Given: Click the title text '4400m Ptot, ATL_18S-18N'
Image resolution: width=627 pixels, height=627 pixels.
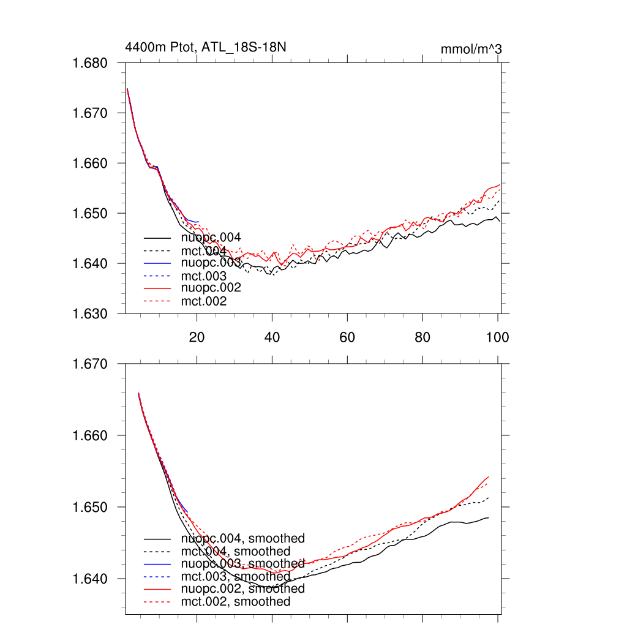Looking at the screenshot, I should [205, 47].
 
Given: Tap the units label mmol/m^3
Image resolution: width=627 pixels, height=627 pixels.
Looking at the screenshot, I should [471, 49].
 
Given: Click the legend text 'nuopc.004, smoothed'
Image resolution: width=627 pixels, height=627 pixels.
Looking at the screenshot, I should [242, 539].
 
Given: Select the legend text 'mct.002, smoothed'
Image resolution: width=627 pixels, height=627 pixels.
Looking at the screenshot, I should [236, 602].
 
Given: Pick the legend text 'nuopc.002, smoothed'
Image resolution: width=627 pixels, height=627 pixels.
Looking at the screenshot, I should [242, 589].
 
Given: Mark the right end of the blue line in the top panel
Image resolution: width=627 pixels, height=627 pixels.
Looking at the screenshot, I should [199, 222].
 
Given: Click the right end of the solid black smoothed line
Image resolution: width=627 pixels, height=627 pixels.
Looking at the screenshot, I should [489, 518].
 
